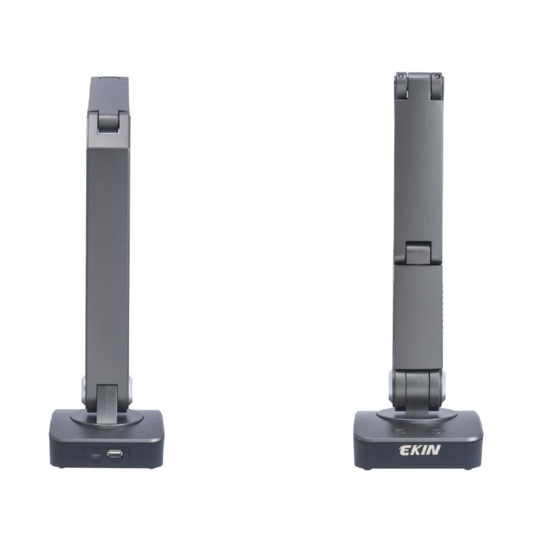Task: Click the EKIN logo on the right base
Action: (420, 450)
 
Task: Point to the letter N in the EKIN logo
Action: (433, 450)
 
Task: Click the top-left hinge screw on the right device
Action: (401, 77)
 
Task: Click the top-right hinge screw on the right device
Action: (437, 77)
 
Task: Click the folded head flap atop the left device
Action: (109, 94)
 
